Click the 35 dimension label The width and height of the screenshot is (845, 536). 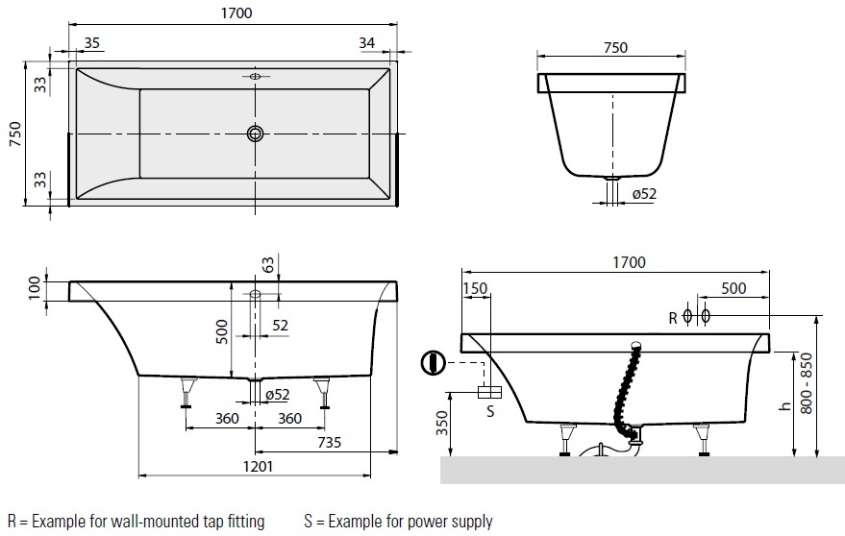point(92,42)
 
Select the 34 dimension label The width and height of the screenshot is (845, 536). point(366,42)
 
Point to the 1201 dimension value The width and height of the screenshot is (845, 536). point(258,466)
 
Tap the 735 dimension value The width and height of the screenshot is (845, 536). point(330,442)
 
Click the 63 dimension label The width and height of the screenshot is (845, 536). point(268,264)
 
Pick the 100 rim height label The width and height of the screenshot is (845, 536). point(35,287)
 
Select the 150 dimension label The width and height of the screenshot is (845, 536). point(475,288)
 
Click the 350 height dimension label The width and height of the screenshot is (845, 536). point(442,423)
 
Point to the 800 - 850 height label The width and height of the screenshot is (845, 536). point(807,383)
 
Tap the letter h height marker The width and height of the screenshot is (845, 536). point(785,405)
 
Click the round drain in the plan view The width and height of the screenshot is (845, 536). point(256,134)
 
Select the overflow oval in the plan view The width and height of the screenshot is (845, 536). point(256,76)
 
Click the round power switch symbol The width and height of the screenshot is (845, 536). point(433,362)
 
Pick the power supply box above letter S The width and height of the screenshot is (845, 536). point(490,392)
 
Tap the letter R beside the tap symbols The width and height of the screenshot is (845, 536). point(673,318)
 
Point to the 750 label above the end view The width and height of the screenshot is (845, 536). point(615,47)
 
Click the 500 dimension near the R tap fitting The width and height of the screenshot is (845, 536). point(733,288)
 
